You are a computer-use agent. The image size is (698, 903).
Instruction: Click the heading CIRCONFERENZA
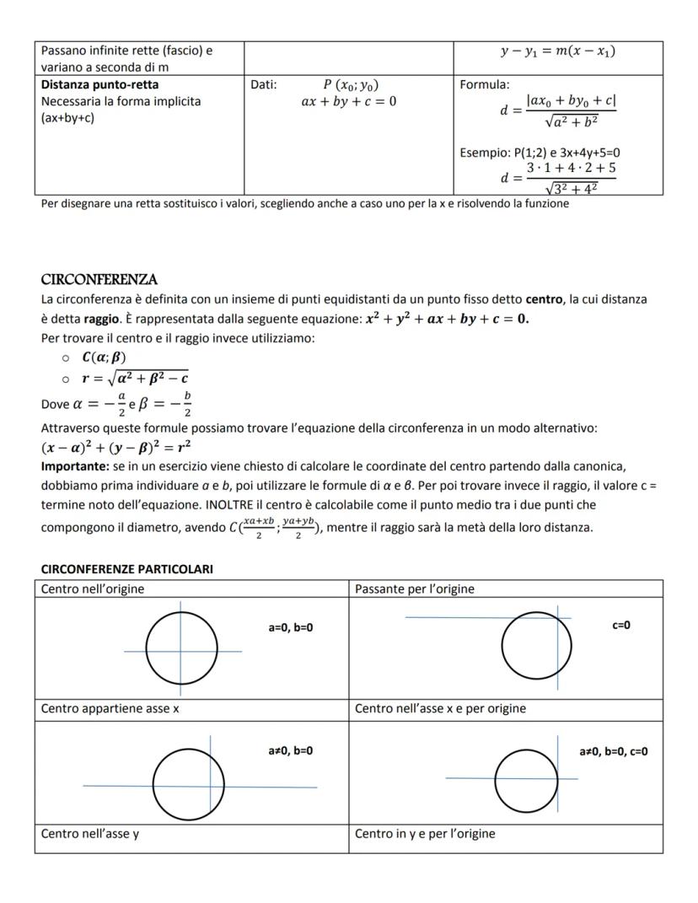click(99, 279)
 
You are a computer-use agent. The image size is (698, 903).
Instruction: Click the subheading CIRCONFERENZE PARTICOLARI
click(126, 569)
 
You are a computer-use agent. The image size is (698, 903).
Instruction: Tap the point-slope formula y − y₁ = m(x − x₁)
click(557, 51)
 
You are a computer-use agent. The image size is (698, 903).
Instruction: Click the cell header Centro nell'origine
click(93, 589)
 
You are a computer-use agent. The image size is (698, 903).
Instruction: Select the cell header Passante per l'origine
click(414, 589)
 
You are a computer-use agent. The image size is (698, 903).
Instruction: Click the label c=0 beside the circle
click(621, 625)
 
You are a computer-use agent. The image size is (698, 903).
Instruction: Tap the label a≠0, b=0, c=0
click(614, 751)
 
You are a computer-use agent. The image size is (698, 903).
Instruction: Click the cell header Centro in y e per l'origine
click(425, 834)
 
